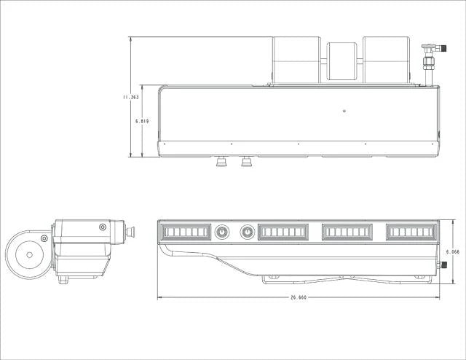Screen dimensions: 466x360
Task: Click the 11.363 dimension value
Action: [131, 97]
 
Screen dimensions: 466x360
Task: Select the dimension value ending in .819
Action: [142, 122]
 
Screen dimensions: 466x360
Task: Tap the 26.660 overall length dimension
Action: [299, 297]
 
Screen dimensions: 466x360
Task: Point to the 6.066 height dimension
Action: [453, 251]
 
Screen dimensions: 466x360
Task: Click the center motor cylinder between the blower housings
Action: [341, 61]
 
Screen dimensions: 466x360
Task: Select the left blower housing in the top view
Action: [296, 60]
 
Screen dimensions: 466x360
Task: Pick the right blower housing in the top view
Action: [387, 60]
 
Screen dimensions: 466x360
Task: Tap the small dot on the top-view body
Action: [344, 111]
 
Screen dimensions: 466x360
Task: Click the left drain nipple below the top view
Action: [221, 162]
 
